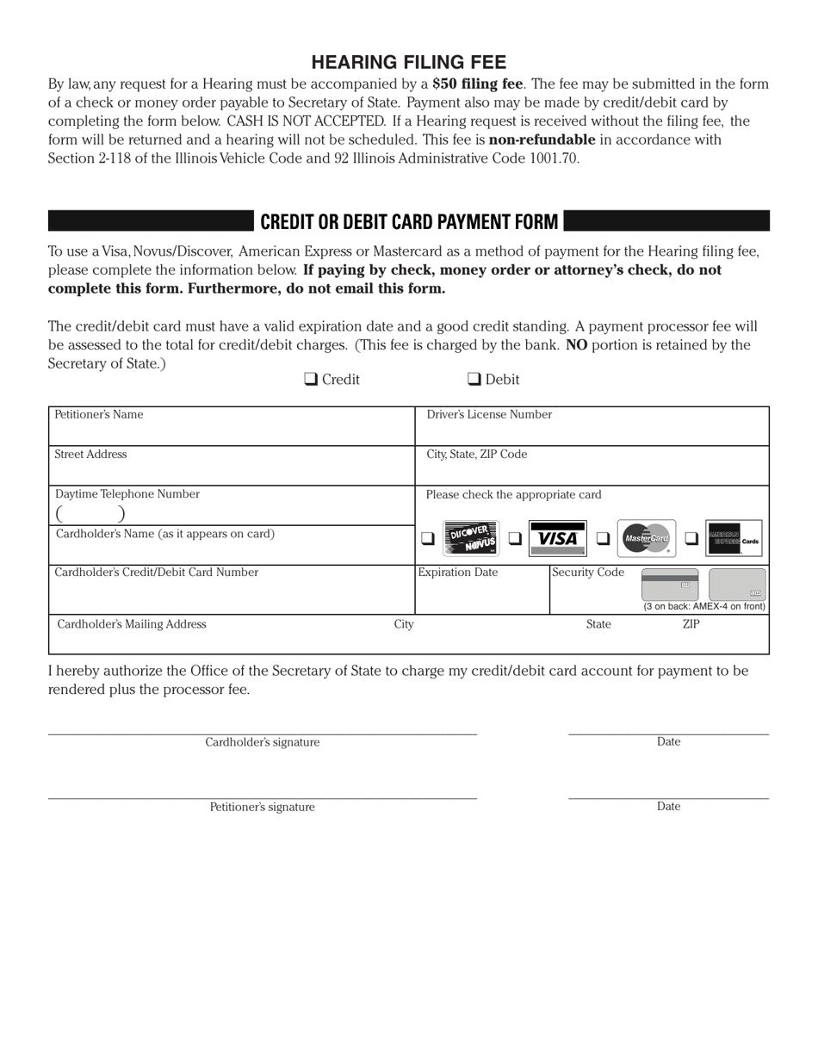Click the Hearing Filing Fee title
click(408, 62)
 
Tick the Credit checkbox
click(311, 379)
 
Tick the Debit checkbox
click(474, 379)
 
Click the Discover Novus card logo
click(470, 539)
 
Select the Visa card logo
click(557, 539)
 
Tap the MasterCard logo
click(646, 539)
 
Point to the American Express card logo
click(734, 539)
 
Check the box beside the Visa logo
click(515, 539)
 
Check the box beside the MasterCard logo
click(603, 539)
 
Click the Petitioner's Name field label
click(99, 415)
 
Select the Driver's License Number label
click(489, 415)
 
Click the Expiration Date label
click(458, 573)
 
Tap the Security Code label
click(588, 573)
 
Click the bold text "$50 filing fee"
click(478, 84)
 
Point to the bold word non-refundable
click(542, 139)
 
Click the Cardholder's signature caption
click(262, 742)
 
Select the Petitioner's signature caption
click(262, 808)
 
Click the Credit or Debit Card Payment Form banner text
click(409, 221)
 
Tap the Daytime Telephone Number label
click(127, 494)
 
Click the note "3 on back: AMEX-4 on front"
click(704, 606)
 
